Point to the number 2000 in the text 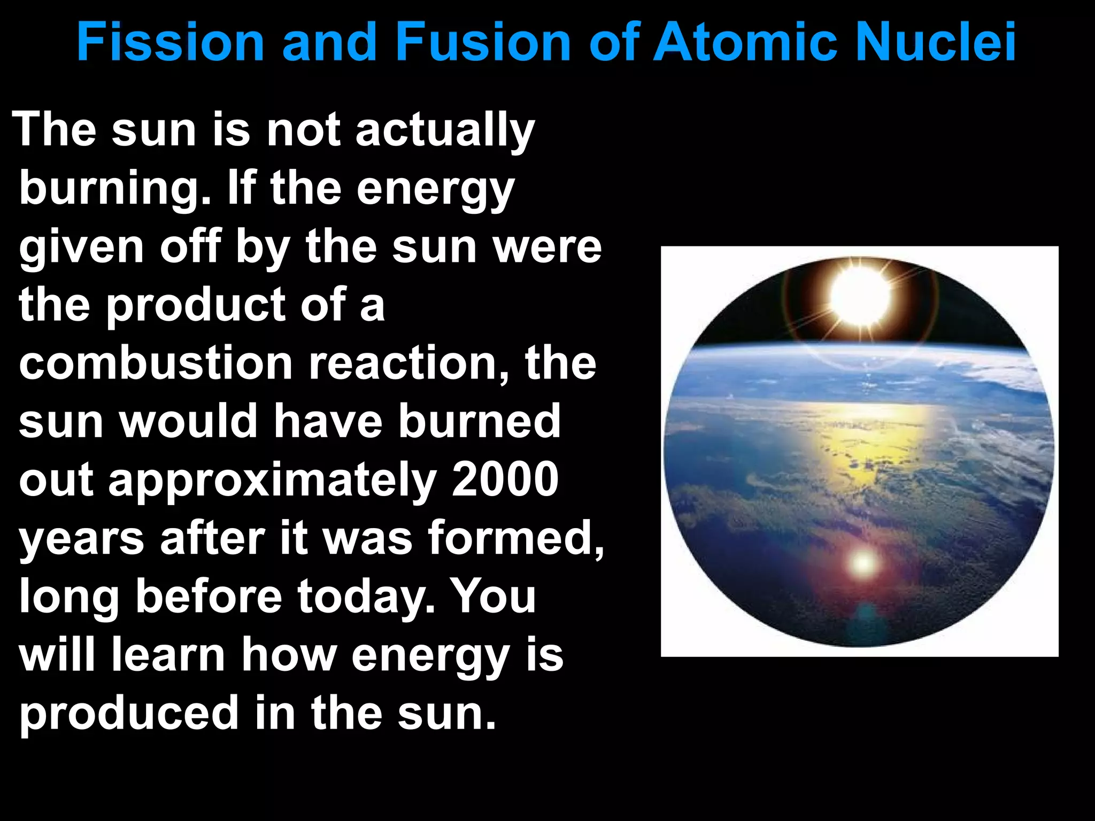tap(505, 479)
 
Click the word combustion tap(156, 363)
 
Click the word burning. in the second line tap(115, 190)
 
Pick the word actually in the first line tap(445, 131)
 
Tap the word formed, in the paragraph tap(515, 538)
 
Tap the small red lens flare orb tap(862, 562)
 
